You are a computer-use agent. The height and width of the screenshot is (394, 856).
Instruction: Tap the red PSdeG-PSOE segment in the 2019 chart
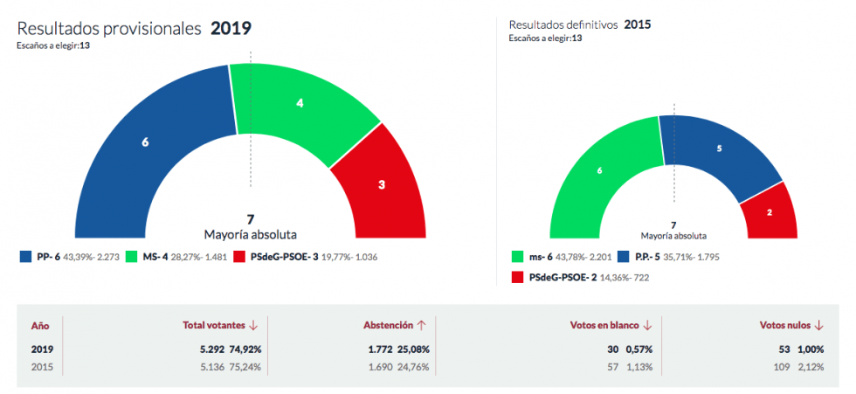(382, 186)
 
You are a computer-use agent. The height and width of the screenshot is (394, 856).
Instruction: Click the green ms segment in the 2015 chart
(598, 170)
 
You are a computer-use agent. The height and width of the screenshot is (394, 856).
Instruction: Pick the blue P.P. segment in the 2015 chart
(718, 149)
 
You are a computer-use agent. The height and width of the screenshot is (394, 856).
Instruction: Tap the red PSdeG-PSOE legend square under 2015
(516, 277)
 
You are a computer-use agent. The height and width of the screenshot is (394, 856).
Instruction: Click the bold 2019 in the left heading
(231, 29)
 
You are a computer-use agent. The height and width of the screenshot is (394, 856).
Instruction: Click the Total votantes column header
(213, 325)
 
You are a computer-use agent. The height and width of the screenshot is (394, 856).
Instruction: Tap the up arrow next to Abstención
(422, 325)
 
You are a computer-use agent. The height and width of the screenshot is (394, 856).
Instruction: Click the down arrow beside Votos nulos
(819, 325)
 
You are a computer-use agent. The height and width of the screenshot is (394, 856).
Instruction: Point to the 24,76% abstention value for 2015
(413, 367)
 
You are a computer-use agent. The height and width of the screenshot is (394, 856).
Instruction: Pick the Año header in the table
(40, 325)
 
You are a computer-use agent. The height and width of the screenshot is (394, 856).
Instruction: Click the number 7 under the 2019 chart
(251, 218)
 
